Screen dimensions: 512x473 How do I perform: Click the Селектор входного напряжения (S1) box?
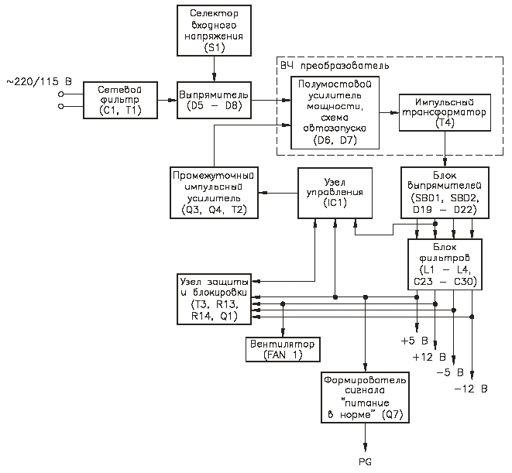pyautogui.click(x=215, y=30)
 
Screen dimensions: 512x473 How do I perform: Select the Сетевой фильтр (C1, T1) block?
pyautogui.click(x=121, y=100)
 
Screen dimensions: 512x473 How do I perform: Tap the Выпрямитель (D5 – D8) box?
pyautogui.click(x=215, y=100)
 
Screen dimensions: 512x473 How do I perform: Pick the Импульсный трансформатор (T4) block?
pyautogui.click(x=445, y=112)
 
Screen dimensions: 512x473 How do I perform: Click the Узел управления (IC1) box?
pyautogui.click(x=335, y=193)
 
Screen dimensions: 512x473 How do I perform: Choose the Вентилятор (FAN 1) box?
pyautogui.click(x=283, y=350)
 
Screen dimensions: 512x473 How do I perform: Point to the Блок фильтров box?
pyautogui.click(x=445, y=265)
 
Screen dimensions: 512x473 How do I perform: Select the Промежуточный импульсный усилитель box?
pyautogui.click(x=215, y=193)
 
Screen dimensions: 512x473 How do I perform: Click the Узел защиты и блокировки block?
pyautogui.click(x=215, y=299)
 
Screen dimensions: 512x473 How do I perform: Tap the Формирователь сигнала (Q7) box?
pyautogui.click(x=365, y=398)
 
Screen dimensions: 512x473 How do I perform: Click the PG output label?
pyautogui.click(x=365, y=462)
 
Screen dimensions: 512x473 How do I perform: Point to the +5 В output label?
pyautogui.click(x=414, y=341)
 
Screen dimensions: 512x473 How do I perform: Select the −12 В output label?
pyautogui.click(x=471, y=389)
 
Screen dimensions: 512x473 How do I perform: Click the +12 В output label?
pyautogui.click(x=429, y=357)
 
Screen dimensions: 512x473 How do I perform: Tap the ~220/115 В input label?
pyautogui.click(x=39, y=81)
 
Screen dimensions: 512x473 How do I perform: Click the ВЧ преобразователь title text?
pyautogui.click(x=335, y=66)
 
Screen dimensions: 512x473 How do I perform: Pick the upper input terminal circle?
pyautogui.click(x=60, y=94)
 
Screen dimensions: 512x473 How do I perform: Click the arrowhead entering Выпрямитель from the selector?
pyautogui.click(x=215, y=77)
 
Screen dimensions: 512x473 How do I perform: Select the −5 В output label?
pyautogui.click(x=450, y=373)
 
